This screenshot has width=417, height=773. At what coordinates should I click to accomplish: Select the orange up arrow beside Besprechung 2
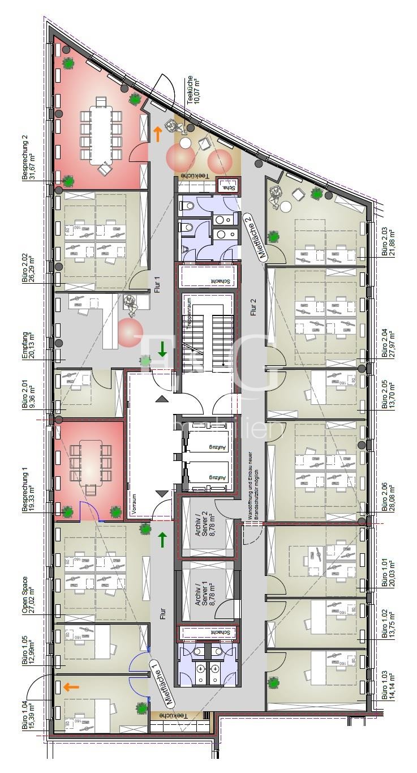(158, 134)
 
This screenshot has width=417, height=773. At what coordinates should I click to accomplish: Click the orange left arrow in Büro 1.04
(71, 687)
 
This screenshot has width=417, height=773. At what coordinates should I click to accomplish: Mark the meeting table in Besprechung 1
(91, 460)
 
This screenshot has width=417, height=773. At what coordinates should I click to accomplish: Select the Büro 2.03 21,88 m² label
(388, 242)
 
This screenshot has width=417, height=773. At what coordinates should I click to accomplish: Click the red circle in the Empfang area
(131, 330)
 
